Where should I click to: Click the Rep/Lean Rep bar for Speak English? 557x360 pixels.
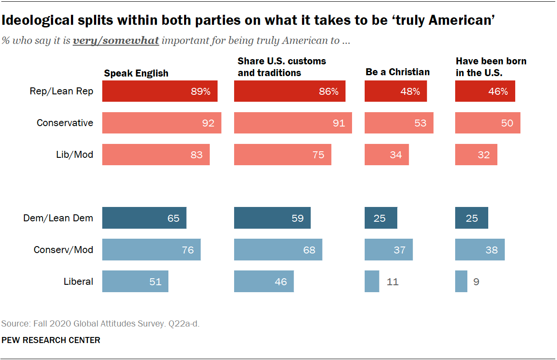point(160,91)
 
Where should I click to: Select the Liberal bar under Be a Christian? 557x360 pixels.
point(372,281)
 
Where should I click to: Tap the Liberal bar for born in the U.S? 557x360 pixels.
point(461,281)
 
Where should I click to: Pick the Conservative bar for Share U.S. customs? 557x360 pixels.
point(293,123)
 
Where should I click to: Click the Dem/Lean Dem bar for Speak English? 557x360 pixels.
point(144,218)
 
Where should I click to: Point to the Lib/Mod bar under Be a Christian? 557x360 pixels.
point(386,154)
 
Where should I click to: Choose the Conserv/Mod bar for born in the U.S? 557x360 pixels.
point(480,250)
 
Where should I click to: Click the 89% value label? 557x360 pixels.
point(201,91)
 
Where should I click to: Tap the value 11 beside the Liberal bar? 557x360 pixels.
point(392,282)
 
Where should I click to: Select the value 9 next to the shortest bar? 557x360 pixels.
point(476,282)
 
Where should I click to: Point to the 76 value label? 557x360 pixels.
point(188,250)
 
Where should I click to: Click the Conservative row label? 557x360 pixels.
point(65,123)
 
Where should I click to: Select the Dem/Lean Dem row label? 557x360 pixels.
point(58,218)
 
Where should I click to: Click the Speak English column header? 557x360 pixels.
point(136,73)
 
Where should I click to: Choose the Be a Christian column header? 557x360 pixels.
point(397,72)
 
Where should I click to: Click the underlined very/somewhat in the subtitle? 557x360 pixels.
point(116,41)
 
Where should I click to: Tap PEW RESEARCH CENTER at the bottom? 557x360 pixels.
point(51,340)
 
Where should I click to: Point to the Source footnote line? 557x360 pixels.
point(101,323)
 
